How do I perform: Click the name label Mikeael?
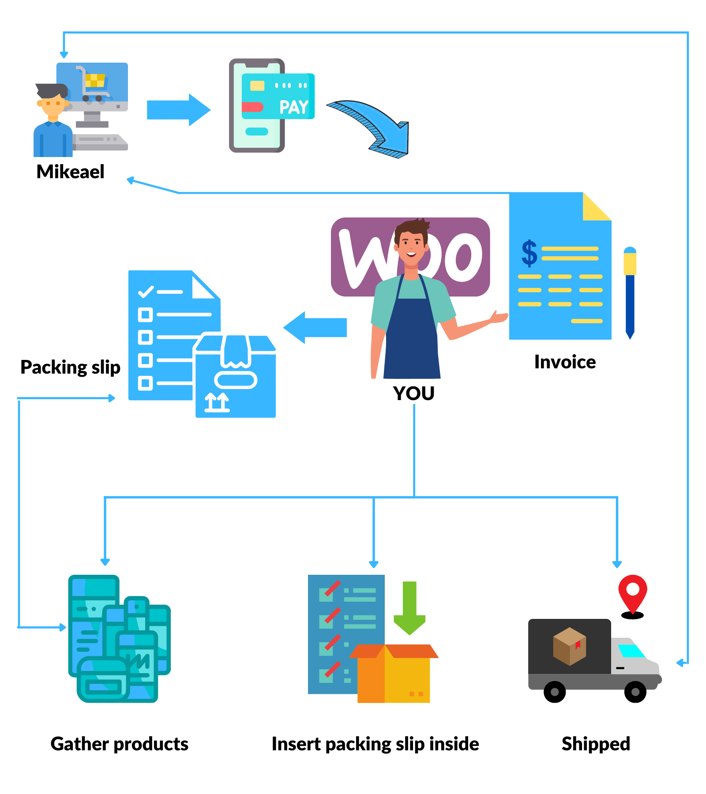(70, 172)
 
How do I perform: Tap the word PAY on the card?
(293, 107)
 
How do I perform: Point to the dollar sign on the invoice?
(529, 254)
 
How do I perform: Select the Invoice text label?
(564, 362)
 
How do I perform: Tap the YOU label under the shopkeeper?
(413, 393)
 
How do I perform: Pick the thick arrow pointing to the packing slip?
(315, 327)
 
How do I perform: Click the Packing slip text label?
(70, 367)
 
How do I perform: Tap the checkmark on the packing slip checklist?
(146, 292)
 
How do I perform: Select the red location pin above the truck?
(632, 592)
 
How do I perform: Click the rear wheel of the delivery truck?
(555, 692)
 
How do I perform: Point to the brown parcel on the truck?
(569, 646)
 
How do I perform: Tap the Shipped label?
(595, 744)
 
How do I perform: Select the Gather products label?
(119, 744)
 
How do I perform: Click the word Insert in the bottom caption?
(295, 744)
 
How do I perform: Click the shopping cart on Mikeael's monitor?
(94, 84)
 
